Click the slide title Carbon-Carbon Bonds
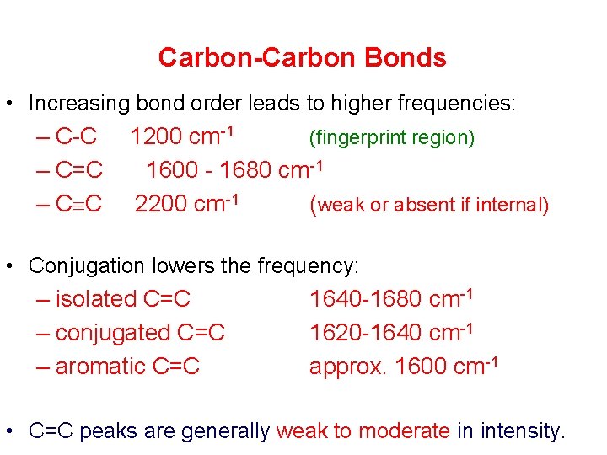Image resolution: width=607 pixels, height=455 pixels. point(302,57)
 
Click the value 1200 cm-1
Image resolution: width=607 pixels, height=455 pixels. point(181,136)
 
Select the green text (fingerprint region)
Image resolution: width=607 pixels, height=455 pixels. point(392,137)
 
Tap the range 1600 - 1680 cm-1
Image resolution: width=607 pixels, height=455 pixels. point(234,171)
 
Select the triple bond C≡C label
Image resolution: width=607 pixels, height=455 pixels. point(79,205)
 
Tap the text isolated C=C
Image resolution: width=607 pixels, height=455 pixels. point(123,299)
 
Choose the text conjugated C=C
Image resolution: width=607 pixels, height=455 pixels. point(140,333)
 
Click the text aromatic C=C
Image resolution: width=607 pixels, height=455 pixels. point(127,367)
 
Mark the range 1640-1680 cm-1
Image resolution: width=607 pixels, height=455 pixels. point(390,299)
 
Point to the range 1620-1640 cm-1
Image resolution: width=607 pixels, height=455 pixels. point(390,333)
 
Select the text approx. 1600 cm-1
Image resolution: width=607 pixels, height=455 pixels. point(404,367)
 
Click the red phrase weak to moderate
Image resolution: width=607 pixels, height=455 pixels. point(363,431)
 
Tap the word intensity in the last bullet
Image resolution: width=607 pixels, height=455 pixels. point(522,431)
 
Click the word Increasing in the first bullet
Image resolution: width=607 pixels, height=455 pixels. point(79,104)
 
